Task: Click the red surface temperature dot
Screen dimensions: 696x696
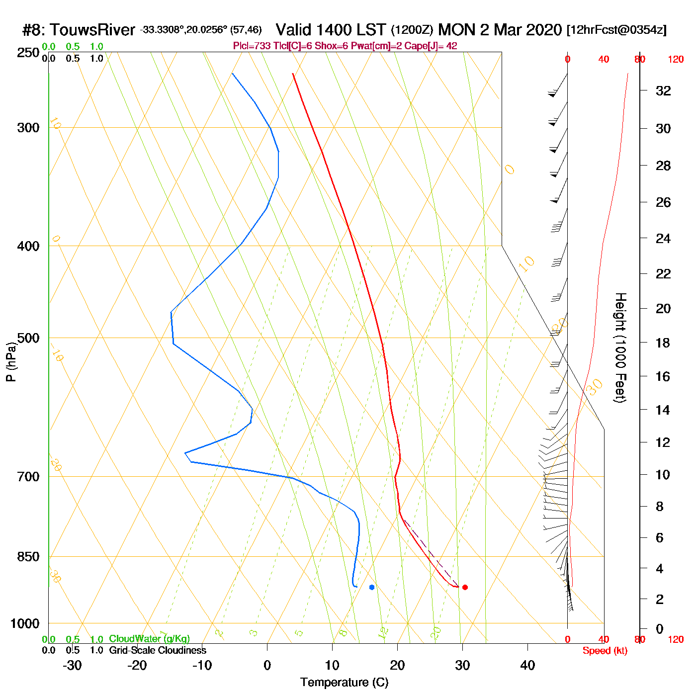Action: (465, 587)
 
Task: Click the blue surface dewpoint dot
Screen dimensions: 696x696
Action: (372, 587)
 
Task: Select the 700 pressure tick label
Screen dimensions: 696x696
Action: (28, 477)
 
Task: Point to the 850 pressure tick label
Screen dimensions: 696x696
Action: (28, 557)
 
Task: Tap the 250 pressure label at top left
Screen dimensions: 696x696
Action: (28, 53)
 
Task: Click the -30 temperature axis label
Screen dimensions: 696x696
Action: (72, 665)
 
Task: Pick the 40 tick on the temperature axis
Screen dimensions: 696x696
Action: (527, 665)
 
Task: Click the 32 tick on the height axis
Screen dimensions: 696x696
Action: (663, 91)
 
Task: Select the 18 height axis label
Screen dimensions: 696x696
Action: (663, 343)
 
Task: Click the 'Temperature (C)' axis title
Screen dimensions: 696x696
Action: (344, 683)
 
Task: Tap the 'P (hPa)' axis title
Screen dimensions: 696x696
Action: (11, 362)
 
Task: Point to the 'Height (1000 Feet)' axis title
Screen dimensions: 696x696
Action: (620, 348)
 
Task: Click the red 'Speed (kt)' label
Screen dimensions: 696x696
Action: (605, 651)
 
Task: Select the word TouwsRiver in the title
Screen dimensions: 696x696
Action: (92, 30)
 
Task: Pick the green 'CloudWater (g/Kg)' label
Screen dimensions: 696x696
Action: (149, 639)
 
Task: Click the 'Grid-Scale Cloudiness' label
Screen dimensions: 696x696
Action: (158, 650)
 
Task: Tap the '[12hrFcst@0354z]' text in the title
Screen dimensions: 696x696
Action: (616, 30)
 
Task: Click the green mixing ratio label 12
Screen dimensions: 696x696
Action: (383, 633)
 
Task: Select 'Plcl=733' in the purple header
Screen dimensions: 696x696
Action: (252, 46)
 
